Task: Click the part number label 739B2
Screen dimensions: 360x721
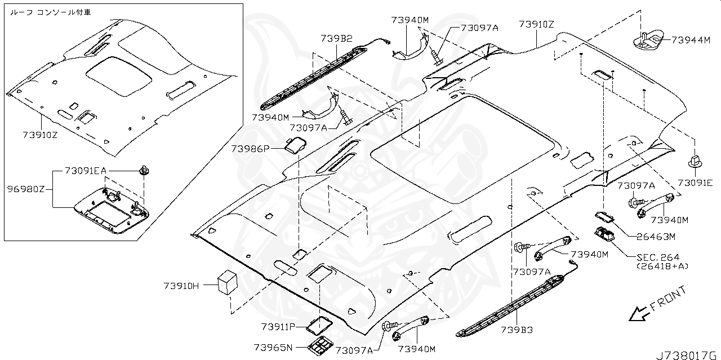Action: pos(337,38)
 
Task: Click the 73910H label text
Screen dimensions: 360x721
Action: pos(181,286)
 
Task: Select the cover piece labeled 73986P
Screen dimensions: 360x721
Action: pos(293,146)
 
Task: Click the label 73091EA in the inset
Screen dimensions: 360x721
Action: pos(85,170)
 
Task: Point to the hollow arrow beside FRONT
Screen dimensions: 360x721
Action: pos(638,313)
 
